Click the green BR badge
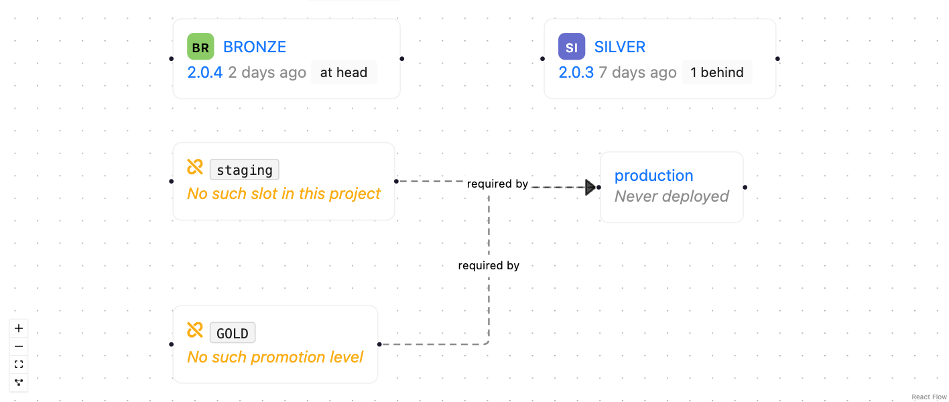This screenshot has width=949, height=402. [x=200, y=47]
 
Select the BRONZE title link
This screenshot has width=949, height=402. [x=255, y=47]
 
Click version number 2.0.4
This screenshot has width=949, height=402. [x=204, y=72]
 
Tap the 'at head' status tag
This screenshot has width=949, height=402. [x=344, y=72]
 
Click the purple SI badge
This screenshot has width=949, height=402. [x=572, y=47]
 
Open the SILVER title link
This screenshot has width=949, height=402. [x=620, y=47]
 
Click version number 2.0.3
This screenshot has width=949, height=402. [x=576, y=72]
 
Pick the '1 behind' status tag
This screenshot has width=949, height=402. [x=717, y=72]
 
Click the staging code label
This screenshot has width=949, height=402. [x=245, y=170]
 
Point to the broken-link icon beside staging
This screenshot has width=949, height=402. [x=195, y=167]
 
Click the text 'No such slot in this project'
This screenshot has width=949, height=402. [x=284, y=194]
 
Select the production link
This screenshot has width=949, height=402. [x=653, y=176]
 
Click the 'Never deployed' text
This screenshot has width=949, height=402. [x=672, y=196]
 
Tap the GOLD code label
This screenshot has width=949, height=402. [x=233, y=333]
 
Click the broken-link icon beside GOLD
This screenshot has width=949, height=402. [x=195, y=330]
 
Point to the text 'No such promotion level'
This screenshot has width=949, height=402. [x=275, y=357]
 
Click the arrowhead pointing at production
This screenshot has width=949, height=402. [x=590, y=187]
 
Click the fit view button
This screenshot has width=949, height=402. [x=19, y=364]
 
